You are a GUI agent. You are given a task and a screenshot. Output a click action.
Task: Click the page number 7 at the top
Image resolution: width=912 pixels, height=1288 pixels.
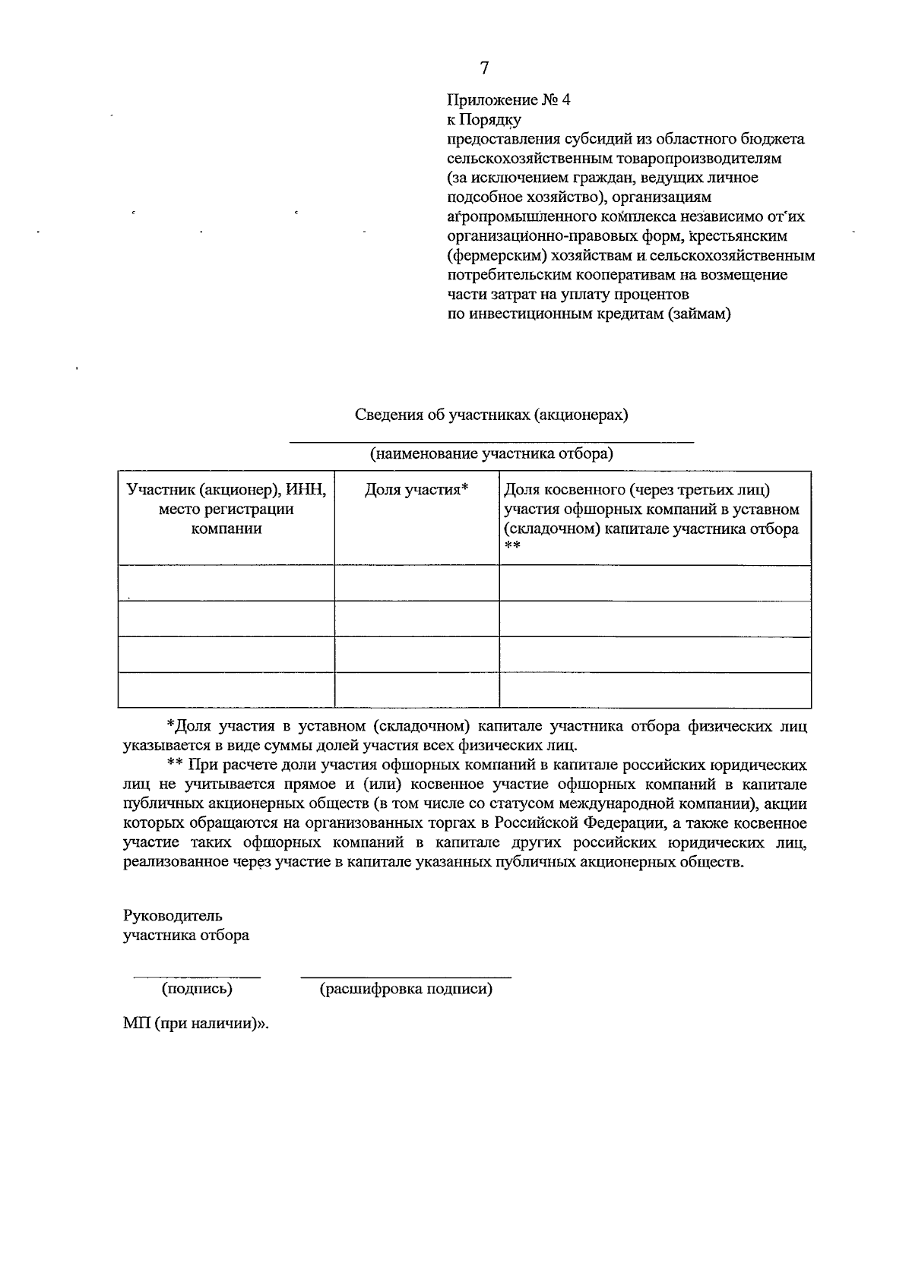[x=484, y=68]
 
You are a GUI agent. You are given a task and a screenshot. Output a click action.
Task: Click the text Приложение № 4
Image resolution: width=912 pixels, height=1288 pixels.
[x=508, y=100]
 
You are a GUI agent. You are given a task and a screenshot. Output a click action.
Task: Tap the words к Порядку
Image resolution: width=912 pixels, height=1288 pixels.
[x=483, y=120]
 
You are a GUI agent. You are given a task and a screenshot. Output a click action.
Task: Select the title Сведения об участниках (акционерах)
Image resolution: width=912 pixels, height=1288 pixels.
[x=492, y=415]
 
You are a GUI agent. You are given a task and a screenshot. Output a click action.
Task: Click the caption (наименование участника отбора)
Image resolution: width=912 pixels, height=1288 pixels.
[x=492, y=454]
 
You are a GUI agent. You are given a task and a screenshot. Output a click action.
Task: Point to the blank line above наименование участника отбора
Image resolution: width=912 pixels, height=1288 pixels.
[x=492, y=441]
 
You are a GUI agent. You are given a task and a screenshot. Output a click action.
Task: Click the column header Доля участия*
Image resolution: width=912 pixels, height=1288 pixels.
[x=416, y=490]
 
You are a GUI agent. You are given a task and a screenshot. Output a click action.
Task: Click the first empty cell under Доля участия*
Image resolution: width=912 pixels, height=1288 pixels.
[x=416, y=582]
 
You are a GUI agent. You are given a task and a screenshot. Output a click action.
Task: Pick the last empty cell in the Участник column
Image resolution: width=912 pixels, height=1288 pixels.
[x=226, y=690]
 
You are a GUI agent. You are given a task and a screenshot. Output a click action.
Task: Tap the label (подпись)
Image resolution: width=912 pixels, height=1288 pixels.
[x=197, y=989]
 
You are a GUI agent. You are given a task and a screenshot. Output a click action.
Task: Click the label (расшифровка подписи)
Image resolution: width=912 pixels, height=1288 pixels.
[x=406, y=989]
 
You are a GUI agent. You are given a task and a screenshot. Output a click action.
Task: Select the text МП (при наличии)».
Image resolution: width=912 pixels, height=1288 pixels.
[x=197, y=1023]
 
